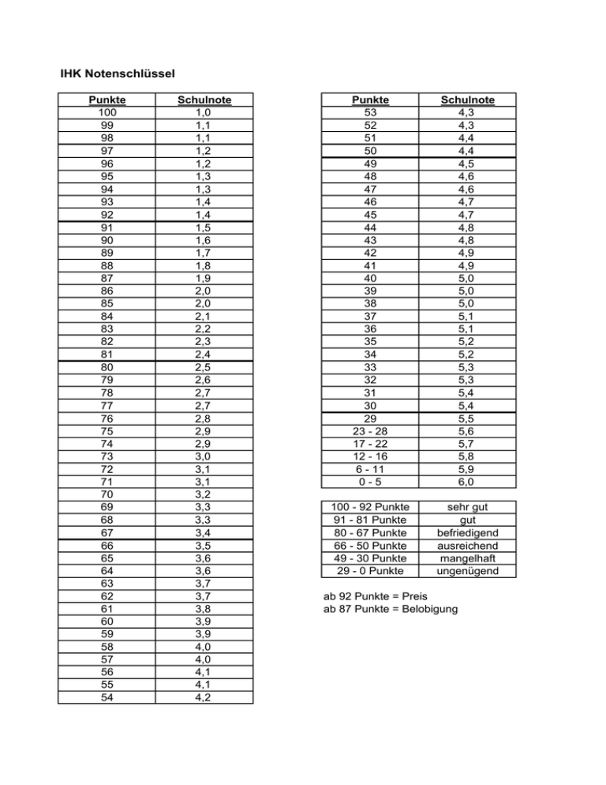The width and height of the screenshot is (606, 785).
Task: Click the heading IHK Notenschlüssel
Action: [117, 75]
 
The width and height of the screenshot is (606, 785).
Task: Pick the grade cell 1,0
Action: [204, 113]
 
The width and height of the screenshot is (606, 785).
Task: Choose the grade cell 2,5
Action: [204, 367]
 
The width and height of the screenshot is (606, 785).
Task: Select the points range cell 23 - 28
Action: [371, 431]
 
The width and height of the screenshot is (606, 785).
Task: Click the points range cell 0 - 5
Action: [371, 482]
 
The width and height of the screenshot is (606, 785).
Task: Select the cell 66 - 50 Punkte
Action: [371, 546]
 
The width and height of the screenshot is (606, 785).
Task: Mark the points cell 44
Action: [371, 227]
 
